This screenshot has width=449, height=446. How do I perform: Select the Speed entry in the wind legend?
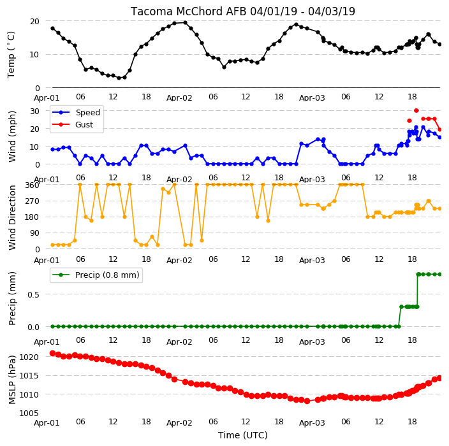coord(87,112)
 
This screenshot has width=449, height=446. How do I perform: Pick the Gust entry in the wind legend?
coord(84,125)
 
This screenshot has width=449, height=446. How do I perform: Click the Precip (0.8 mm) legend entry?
coord(107,275)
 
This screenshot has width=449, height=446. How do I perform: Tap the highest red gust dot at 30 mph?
coord(416,110)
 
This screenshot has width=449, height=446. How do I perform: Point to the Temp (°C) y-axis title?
coord(11,55)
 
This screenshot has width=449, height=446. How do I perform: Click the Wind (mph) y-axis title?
coord(12,136)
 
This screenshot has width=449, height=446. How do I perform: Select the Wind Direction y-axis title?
coord(12,217)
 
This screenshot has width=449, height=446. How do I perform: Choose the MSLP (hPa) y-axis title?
coord(12,380)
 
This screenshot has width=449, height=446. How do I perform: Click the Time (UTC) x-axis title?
coord(243,435)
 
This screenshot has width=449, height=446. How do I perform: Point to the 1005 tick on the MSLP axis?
coord(29,413)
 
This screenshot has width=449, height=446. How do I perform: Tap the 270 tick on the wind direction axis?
coord(33,201)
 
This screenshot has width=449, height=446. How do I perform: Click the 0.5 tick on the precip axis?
coord(33,294)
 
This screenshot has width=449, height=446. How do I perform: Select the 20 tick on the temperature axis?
coord(34,22)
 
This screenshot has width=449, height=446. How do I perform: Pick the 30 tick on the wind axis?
coord(34,111)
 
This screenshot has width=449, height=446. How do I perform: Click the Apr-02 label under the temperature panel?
coord(179,98)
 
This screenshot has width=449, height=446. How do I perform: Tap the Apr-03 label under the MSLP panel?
coord(312,423)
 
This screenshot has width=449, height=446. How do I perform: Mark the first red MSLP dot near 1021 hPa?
coord(52,354)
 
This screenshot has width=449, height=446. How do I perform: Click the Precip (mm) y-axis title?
coord(12,298)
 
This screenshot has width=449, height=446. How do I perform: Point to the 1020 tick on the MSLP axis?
coord(29,357)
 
